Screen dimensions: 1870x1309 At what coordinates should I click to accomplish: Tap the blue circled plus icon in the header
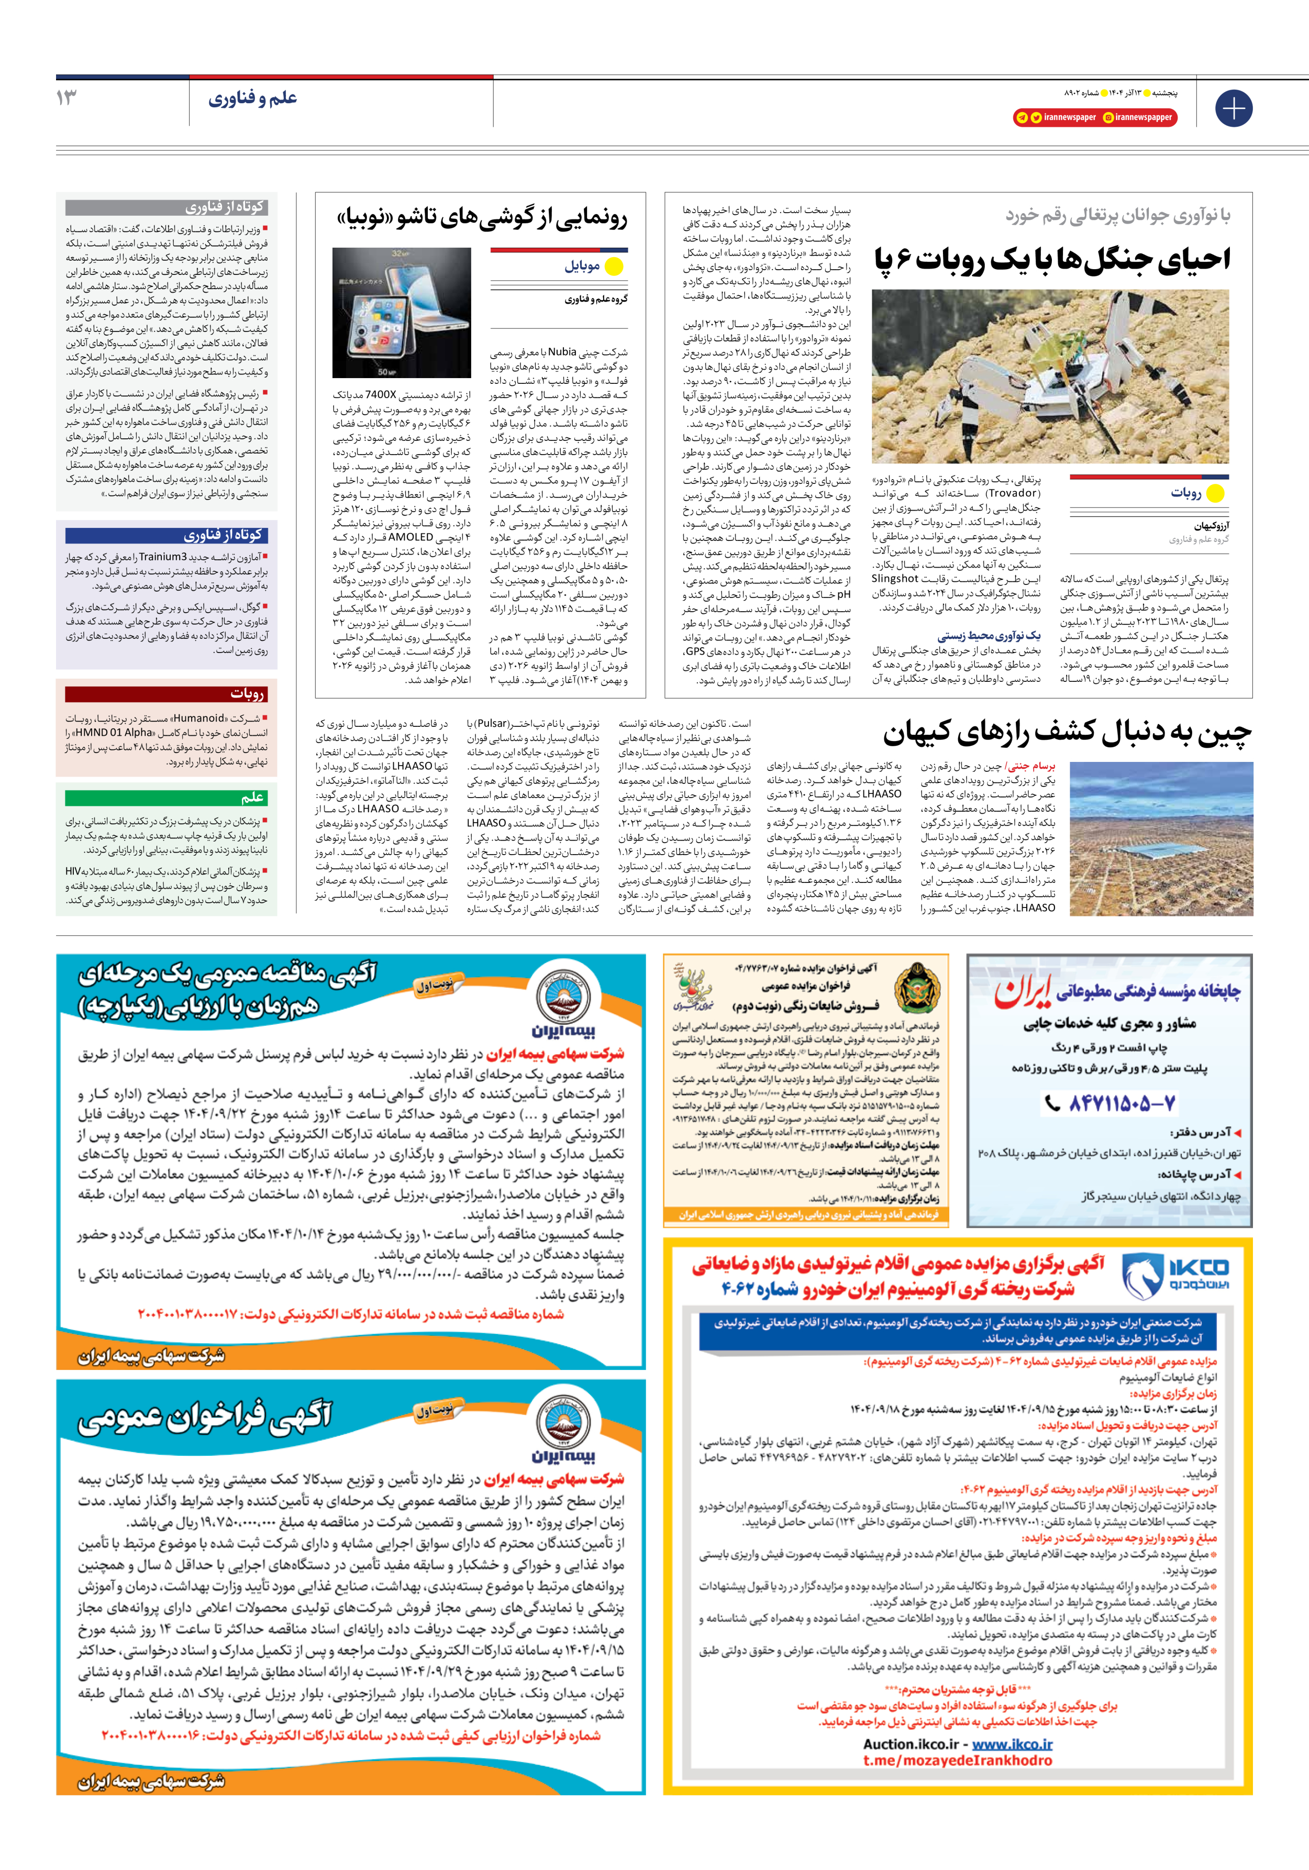pos(1233,108)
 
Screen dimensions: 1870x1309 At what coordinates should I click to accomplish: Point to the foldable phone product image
pos(402,313)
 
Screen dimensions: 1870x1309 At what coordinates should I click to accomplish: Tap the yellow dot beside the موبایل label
pos(614,267)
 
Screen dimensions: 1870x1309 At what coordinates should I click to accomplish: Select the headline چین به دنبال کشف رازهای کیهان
pos(1067,733)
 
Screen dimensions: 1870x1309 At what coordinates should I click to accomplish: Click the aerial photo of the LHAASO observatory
pos(1161,839)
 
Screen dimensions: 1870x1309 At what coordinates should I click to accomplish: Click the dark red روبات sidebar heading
pos(166,693)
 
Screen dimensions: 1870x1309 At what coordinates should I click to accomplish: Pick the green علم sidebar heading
pos(166,798)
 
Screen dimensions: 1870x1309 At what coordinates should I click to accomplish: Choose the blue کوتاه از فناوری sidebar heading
pos(166,535)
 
